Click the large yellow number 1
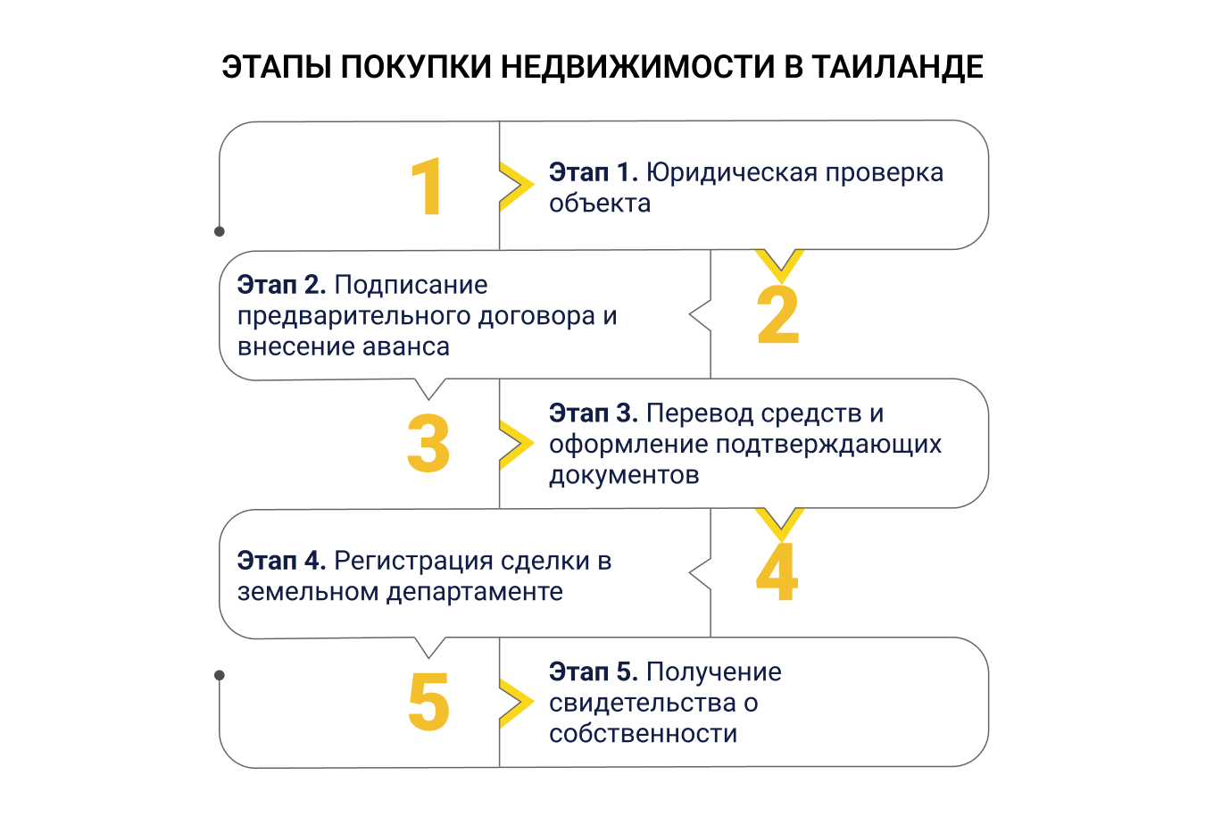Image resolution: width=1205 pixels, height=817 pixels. pos(428,187)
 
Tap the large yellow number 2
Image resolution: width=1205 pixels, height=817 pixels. pos(777,315)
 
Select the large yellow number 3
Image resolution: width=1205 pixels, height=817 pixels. pos(428,444)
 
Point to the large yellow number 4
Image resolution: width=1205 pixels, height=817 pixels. pos(777,572)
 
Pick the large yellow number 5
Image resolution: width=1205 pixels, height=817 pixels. pos(428,702)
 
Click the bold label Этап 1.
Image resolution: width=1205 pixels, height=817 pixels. pos(593,172)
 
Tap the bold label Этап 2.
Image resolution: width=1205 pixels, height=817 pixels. pos(281,285)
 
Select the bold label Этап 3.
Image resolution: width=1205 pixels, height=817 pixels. pos(593,413)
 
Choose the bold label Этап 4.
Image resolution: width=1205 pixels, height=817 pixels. pos(281,561)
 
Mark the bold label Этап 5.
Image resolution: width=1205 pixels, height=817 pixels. pos(593,671)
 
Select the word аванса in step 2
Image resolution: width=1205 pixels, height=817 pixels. pos(409,346)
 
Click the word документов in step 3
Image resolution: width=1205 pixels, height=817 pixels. pos(624,475)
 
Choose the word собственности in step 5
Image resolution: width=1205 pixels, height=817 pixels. pos(643,733)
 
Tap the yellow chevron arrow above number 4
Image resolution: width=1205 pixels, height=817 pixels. pos(779,521)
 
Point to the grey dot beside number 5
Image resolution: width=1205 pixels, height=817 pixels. pos(220,675)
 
